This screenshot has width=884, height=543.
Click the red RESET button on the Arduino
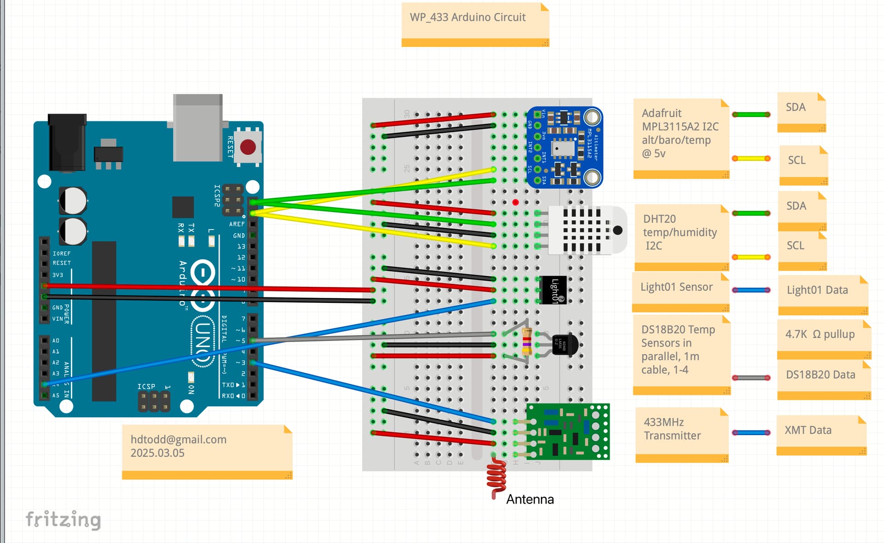[248, 147]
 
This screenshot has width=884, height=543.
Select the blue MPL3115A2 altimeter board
[564, 148]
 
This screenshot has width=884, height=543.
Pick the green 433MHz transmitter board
[568, 431]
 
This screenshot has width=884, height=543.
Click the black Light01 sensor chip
[553, 290]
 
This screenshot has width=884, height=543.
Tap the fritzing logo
[63, 519]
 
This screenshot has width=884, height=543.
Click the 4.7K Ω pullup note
[823, 339]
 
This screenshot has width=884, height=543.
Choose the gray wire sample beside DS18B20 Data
[751, 378]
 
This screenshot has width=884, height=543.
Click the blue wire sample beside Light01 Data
[751, 290]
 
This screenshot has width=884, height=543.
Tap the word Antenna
[530, 499]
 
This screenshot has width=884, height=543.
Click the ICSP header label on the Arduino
[146, 386]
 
